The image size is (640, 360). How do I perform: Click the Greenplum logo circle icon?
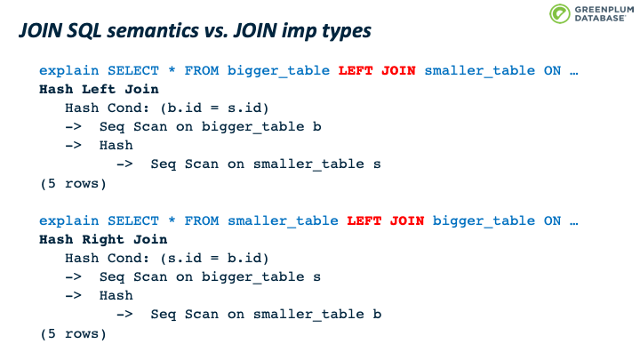point(559,14)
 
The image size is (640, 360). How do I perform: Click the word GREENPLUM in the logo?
point(604,10)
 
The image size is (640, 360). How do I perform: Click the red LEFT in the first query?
point(356,70)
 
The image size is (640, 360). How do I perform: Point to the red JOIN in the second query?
point(407,220)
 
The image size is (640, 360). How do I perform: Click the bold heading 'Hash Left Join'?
point(99,90)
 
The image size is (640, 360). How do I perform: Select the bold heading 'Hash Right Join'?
point(103,240)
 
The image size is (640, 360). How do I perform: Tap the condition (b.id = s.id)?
point(214,108)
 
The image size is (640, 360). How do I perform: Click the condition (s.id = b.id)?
point(214,259)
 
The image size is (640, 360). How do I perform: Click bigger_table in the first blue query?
point(278,71)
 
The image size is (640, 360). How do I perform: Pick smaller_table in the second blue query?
point(283,221)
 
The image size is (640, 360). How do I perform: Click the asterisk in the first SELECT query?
point(172,69)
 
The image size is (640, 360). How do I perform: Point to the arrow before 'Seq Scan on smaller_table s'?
point(124,164)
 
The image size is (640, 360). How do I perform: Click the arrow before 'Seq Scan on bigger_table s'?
point(74,276)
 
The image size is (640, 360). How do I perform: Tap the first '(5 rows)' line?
point(73,184)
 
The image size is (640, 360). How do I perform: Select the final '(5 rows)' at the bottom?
point(73,334)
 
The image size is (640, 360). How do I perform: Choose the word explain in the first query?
point(69,71)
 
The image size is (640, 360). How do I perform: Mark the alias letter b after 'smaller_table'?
point(377,314)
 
